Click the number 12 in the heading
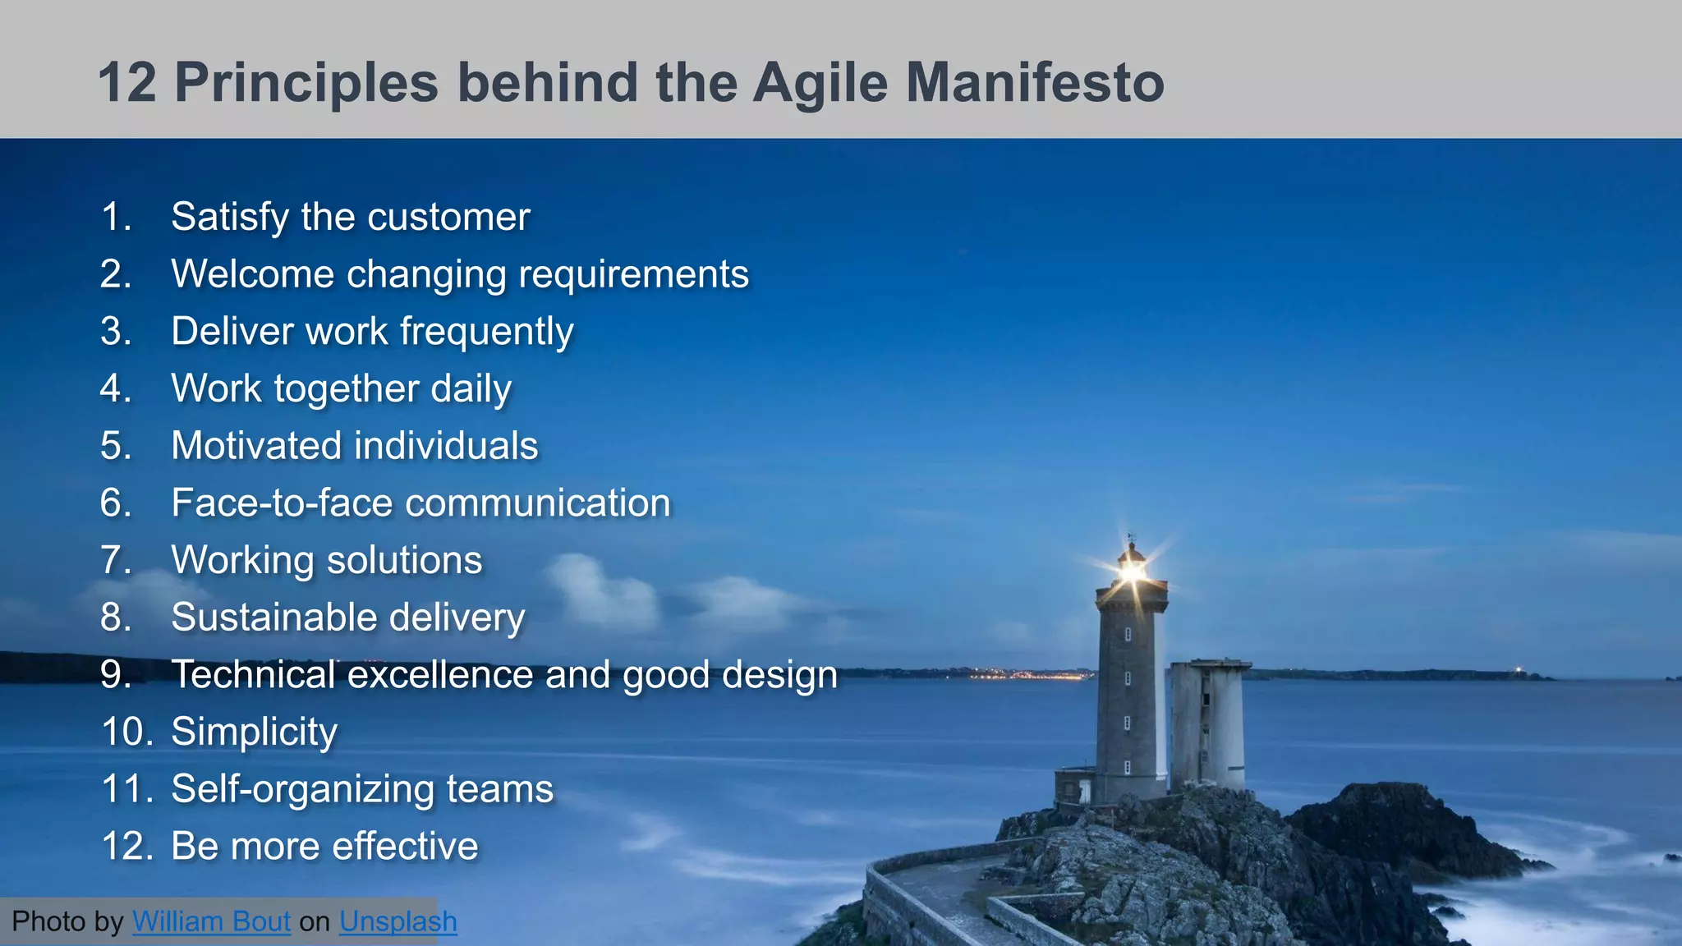(127, 83)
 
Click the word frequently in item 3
(486, 333)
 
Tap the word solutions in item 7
(404, 561)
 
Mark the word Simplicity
(254, 732)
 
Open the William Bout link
(211, 921)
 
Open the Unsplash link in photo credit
(398, 921)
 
